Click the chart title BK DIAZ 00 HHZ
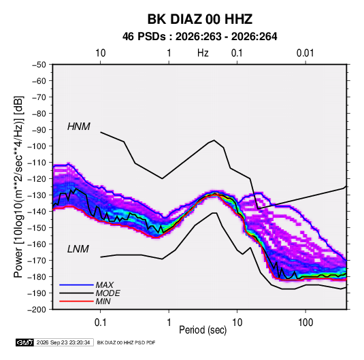tap(199, 19)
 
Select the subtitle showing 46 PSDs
tap(199, 37)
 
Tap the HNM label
tap(79, 127)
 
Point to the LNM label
tap(78, 249)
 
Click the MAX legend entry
tap(105, 285)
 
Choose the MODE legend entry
tap(107, 293)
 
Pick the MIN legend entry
tap(103, 301)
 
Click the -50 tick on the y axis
tap(39, 65)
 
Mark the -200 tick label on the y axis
tap(37, 310)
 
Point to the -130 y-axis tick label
tap(37, 195)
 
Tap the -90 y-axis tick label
tap(39, 129)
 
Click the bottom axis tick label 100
tap(305, 323)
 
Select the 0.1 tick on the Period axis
tap(100, 323)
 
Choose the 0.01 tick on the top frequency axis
tap(305, 53)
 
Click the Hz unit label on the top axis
tap(203, 53)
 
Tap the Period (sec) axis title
tap(203, 330)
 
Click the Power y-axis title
tap(18, 186)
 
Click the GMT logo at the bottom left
tap(25, 342)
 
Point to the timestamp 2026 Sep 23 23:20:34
tap(63, 342)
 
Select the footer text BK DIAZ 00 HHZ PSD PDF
tap(126, 342)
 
